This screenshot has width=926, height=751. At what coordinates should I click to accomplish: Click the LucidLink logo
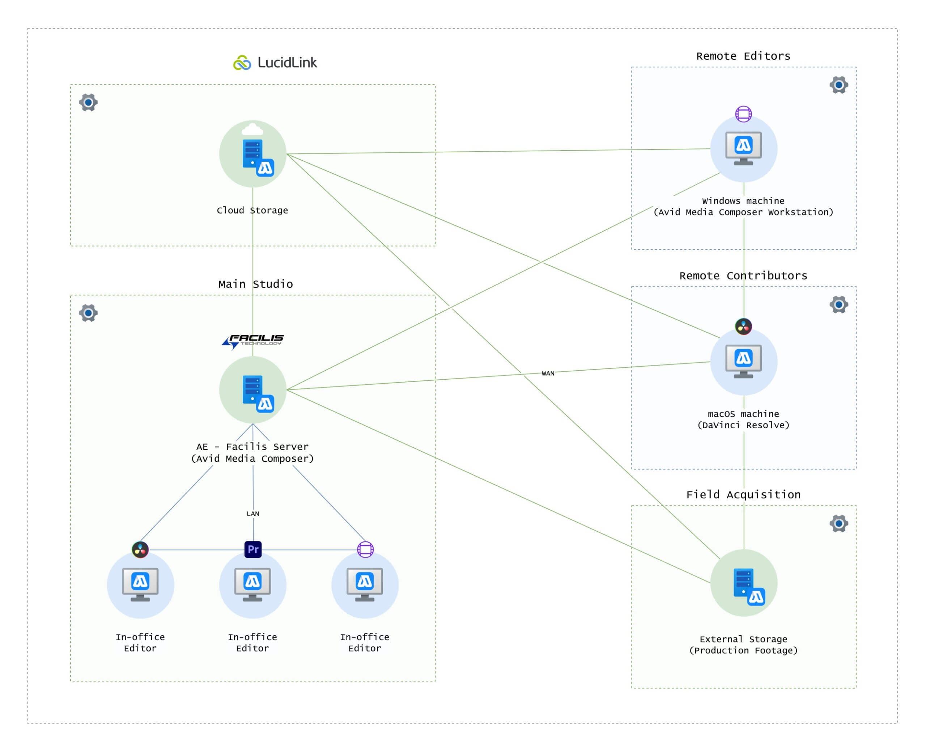pos(275,63)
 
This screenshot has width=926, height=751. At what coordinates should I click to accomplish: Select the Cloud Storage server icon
pos(253,154)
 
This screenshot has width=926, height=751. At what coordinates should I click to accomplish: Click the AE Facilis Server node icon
pos(253,390)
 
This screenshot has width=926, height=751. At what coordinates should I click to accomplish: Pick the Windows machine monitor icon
pos(744,149)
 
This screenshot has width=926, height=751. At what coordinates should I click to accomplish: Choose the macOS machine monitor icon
pos(744,362)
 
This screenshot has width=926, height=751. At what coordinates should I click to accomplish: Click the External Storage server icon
pos(744,583)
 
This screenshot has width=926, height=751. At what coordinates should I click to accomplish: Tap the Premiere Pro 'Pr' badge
pos(253,549)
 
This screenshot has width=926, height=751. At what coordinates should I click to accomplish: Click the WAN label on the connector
pos(548,374)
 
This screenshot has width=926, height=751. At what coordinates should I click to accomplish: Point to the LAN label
pos(253,514)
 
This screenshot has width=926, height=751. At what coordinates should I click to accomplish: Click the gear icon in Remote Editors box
pos(839,85)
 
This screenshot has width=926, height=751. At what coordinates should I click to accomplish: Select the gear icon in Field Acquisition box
pos(839,523)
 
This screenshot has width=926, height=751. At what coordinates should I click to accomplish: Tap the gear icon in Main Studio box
pos(88,313)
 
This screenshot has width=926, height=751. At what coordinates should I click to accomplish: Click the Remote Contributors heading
pos(743,275)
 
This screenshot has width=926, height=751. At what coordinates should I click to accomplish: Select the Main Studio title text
pos(255,284)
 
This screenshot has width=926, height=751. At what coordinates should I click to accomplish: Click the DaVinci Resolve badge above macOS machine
pos(744,326)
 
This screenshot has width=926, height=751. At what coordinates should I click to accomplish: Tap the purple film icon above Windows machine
pos(744,114)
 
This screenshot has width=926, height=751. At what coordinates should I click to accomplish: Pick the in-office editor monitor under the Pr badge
pos(253,585)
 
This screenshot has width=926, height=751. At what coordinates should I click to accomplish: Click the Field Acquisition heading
pos(743,494)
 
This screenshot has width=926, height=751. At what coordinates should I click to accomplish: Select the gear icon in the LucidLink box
pos(88,102)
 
